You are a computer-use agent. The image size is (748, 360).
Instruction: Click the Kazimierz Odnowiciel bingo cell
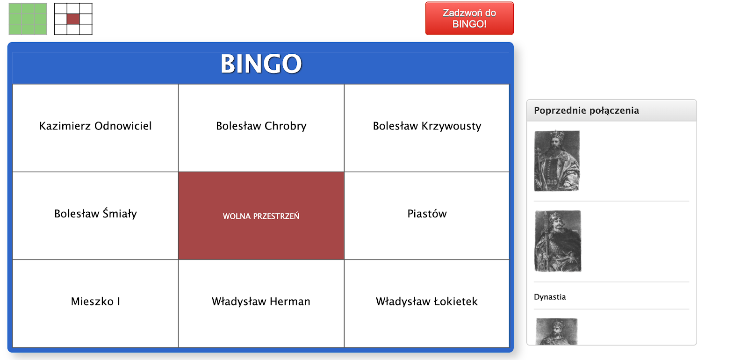[x=95, y=128]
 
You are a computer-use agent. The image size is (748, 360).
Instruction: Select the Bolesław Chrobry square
[x=261, y=128]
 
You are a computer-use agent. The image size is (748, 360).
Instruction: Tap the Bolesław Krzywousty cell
[x=427, y=128]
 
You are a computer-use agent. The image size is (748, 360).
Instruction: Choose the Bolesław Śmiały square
[x=95, y=216]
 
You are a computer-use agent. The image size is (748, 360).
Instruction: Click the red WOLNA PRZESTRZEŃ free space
[x=261, y=216]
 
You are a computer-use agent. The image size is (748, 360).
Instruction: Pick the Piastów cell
[x=427, y=216]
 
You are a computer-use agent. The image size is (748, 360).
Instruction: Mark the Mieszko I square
[x=95, y=303]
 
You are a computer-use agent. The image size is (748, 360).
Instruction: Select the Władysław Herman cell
[x=261, y=303]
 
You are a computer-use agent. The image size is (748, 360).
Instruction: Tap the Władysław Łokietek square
[x=427, y=303]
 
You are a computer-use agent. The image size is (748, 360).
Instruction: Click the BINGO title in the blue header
[x=261, y=64]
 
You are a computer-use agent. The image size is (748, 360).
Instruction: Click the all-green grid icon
[x=28, y=19]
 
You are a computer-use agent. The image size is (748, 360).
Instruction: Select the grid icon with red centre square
[x=73, y=19]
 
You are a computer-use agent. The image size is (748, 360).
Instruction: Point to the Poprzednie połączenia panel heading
[x=586, y=110]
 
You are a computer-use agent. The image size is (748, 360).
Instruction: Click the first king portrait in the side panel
[x=557, y=161]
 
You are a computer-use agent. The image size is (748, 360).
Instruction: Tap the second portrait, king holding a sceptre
[x=558, y=241]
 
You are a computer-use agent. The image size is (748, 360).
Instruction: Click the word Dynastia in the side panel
[x=550, y=297]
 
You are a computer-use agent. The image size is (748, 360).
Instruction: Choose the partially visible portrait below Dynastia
[x=557, y=331]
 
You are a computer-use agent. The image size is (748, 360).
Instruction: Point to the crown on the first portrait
[x=557, y=136]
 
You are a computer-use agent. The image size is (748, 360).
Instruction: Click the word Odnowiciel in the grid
[x=123, y=126]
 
